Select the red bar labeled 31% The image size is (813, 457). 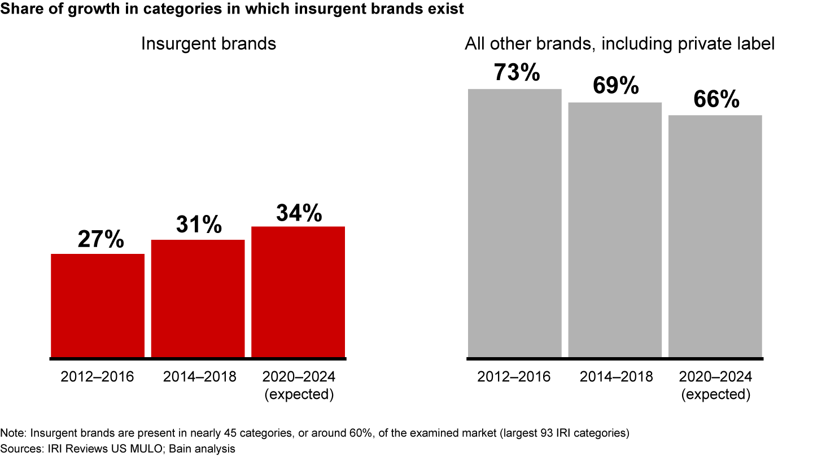pos(198,298)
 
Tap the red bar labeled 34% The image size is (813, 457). pos(298,292)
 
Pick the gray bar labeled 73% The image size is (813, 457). pos(515,223)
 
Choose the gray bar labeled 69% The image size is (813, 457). pos(615,230)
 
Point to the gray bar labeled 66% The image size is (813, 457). pos(715,236)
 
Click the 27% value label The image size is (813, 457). pos(100,239)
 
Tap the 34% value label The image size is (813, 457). pos(299,213)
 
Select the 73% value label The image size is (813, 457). pos(517,73)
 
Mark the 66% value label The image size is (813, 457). pos(716,100)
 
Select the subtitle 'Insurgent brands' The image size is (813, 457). pos(208,43)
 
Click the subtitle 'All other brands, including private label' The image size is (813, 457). pos(619,43)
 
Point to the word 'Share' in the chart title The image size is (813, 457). pos(20,10)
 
